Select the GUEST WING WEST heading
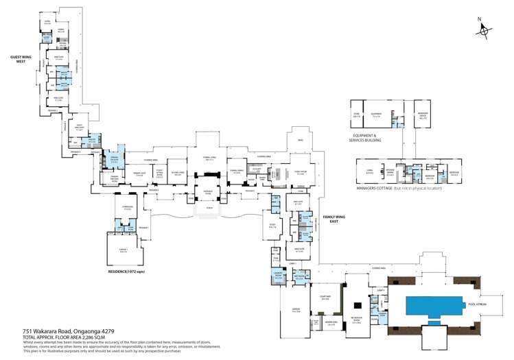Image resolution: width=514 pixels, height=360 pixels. (21, 59)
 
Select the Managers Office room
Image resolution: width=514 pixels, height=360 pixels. (423, 116)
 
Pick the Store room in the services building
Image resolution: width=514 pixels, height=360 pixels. (357, 116)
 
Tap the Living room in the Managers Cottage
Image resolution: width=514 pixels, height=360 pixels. (369, 171)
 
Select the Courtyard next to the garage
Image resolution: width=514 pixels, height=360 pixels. (326, 298)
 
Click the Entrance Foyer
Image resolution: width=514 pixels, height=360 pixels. (207, 192)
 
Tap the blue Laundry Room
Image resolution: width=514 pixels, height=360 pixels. (279, 276)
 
